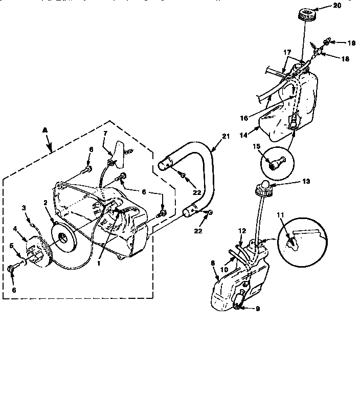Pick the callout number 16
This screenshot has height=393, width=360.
click(244, 118)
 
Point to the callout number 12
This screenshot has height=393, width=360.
click(242, 231)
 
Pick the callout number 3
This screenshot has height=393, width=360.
click(24, 207)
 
